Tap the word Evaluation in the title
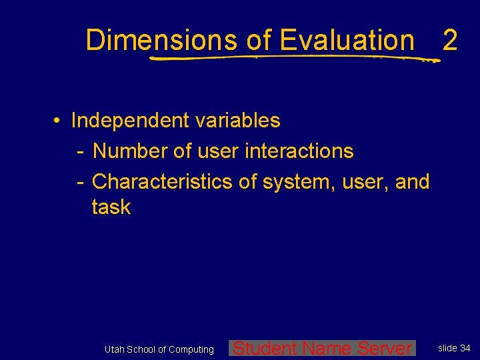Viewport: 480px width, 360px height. pyautogui.click(x=347, y=40)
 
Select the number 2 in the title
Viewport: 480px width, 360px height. pyautogui.click(x=450, y=40)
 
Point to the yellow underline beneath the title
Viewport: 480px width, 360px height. pyautogui.click(x=293, y=59)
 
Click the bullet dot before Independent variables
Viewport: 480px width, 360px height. pyautogui.click(x=59, y=121)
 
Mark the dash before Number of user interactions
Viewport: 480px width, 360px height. pyautogui.click(x=79, y=151)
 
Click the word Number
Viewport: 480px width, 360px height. pyautogui.click(x=131, y=151)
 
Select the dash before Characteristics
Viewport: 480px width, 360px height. pyautogui.click(x=79, y=181)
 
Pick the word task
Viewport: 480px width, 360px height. pyautogui.click(x=111, y=207)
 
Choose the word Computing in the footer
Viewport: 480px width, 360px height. pyautogui.click(x=191, y=349)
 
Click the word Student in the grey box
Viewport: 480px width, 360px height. pyautogui.click(x=265, y=347)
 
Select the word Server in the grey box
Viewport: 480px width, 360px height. pyautogui.click(x=385, y=347)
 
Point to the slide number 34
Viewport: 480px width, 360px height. pyautogui.click(x=465, y=348)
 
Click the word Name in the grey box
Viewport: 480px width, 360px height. pyautogui.click(x=327, y=347)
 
